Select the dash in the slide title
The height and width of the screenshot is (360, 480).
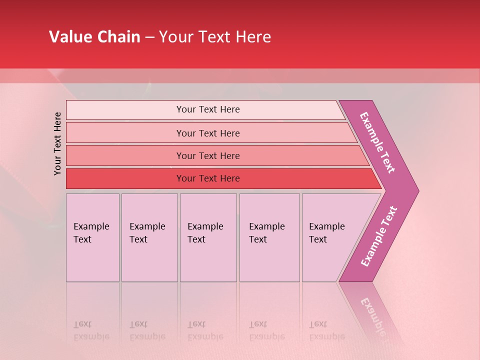[x=149, y=37]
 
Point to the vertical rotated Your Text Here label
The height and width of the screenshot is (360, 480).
[x=57, y=144]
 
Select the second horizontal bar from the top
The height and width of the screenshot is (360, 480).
[x=207, y=133]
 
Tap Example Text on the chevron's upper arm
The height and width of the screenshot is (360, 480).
[x=377, y=143]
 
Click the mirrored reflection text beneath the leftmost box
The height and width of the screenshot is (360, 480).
[x=91, y=331]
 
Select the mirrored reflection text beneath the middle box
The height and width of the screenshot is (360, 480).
[x=205, y=331]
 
